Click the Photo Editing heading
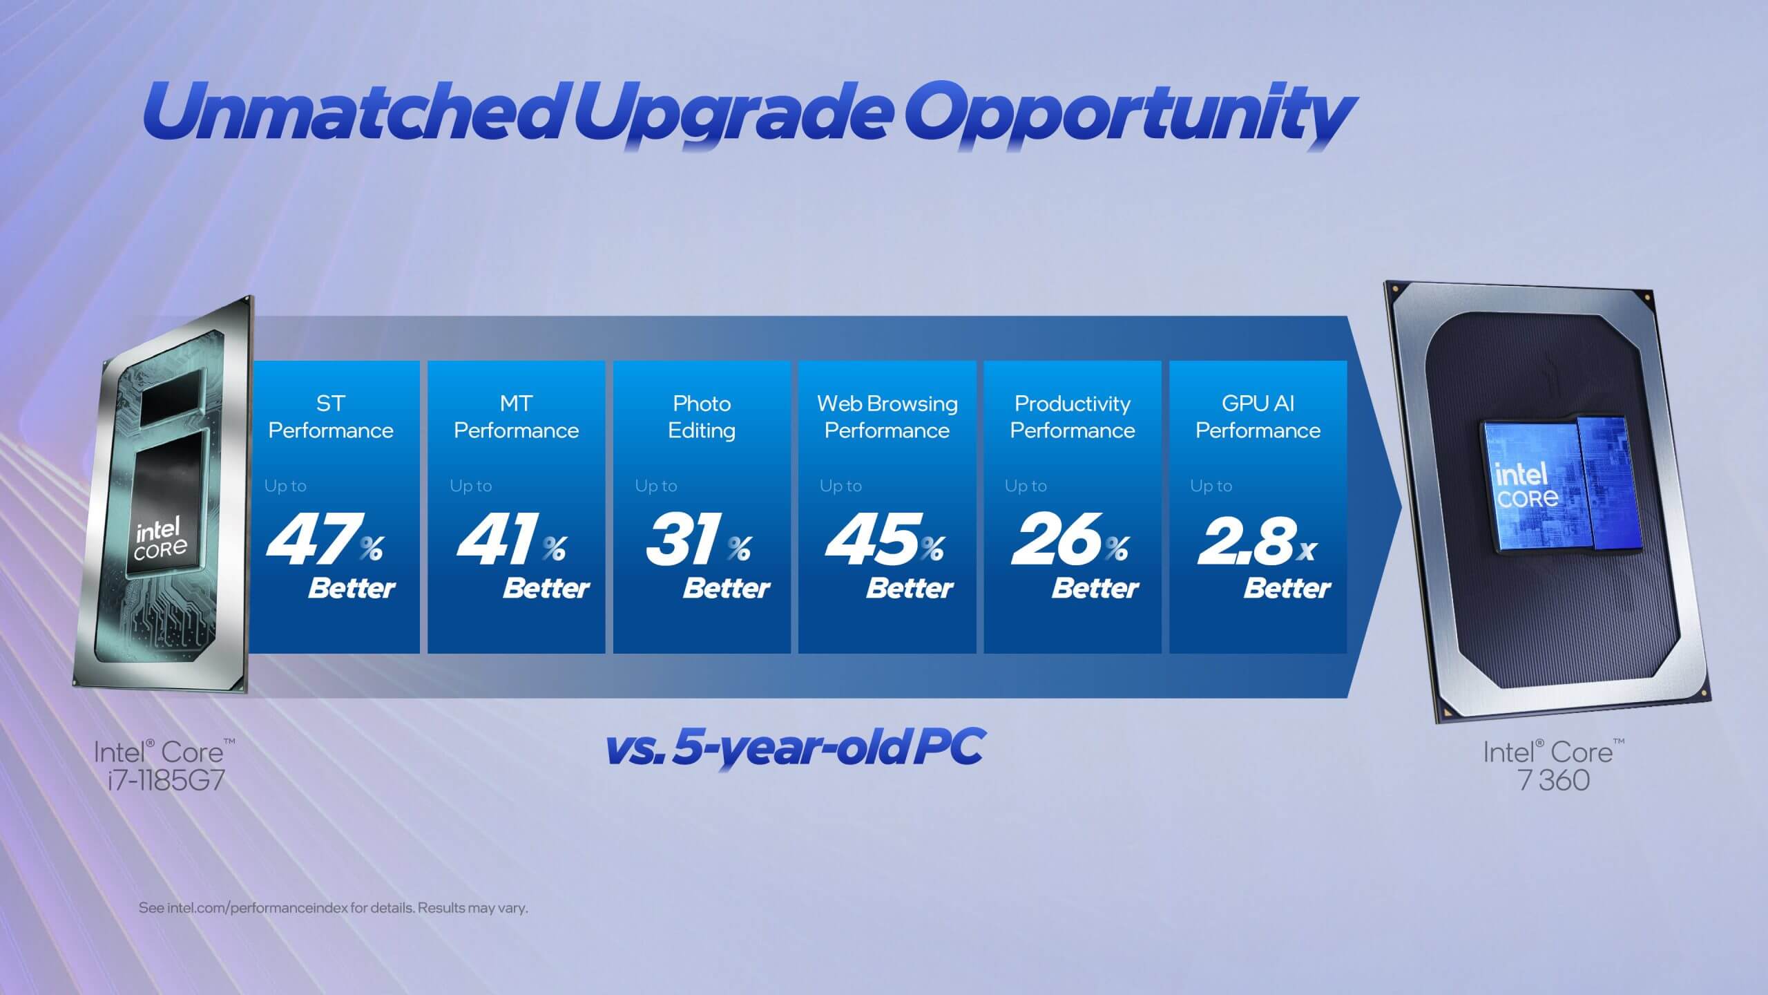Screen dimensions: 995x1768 tap(701, 417)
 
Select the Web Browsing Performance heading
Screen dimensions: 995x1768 tap(887, 417)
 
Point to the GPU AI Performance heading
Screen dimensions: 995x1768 tap(1258, 417)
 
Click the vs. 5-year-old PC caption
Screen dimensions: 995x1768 tap(794, 747)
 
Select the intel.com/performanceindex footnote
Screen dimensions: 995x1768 tap(333, 908)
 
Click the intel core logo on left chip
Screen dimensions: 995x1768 tap(160, 540)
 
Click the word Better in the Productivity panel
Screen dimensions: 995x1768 tap(1095, 588)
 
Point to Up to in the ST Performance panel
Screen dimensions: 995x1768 tap(285, 486)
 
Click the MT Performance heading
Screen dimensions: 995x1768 tap(516, 417)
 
